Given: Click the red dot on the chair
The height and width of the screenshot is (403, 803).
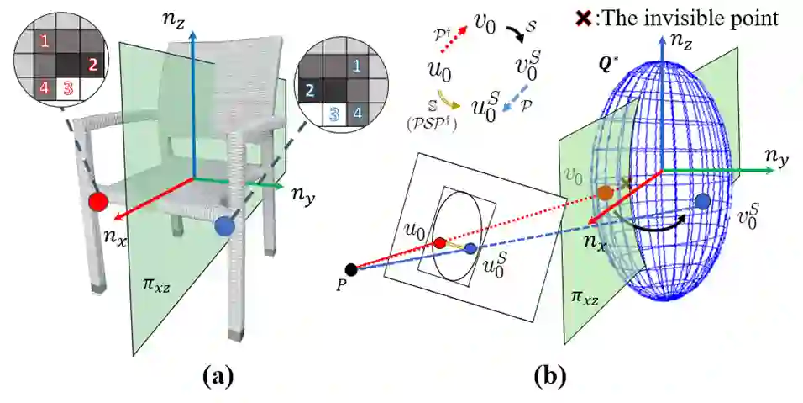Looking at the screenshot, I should [97, 202].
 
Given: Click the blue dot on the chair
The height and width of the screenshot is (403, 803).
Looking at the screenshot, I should [223, 225].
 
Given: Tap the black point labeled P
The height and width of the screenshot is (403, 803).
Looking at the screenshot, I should [351, 270].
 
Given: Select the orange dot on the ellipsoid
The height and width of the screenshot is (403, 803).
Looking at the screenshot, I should [605, 193].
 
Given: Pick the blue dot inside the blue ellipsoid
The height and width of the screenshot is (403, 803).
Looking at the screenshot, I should [703, 201].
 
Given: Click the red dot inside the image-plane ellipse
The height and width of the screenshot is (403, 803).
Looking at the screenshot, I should [439, 244].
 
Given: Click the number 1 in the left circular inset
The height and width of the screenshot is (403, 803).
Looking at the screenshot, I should [45, 40].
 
